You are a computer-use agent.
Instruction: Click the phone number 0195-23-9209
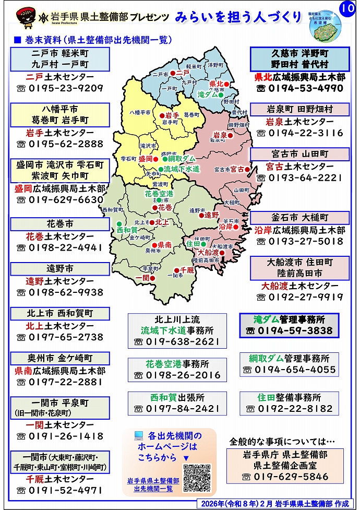[66, 88]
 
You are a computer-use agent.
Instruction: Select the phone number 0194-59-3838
[295, 330]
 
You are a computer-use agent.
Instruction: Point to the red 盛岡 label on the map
[146, 159]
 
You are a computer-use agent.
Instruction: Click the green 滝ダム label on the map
[207, 95]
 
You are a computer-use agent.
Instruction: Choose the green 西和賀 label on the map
[127, 230]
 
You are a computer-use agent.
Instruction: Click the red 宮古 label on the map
[237, 169]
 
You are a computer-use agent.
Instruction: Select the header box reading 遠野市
[60, 268]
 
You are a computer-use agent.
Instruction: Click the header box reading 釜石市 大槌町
[299, 218]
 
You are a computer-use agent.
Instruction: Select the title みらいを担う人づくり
[238, 17]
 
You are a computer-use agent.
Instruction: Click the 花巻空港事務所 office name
[177, 364]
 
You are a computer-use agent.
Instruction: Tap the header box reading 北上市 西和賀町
[60, 313]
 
